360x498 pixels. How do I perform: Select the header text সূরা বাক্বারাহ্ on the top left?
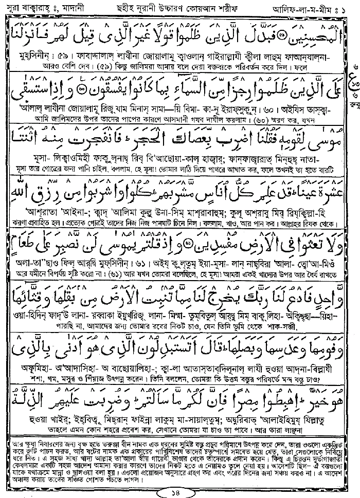(28, 8)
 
